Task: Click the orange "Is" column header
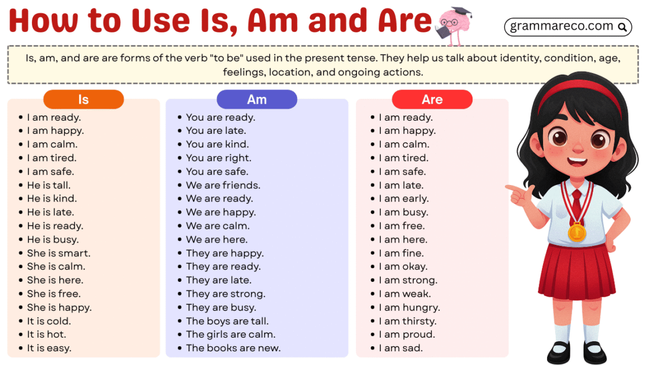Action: [83, 100]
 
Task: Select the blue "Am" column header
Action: [257, 100]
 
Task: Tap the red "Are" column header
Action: [432, 100]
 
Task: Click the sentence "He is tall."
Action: [49, 185]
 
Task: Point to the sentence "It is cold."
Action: [49, 321]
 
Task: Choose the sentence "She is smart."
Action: [59, 253]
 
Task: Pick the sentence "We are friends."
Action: [223, 185]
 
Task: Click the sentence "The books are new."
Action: [233, 348]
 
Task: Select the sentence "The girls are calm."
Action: [231, 335]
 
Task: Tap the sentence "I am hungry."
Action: [409, 307]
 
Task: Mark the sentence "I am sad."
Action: [401, 348]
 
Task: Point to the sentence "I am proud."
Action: [407, 335]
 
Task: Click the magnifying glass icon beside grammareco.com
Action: [622, 27]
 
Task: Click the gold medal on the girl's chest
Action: [577, 232]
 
